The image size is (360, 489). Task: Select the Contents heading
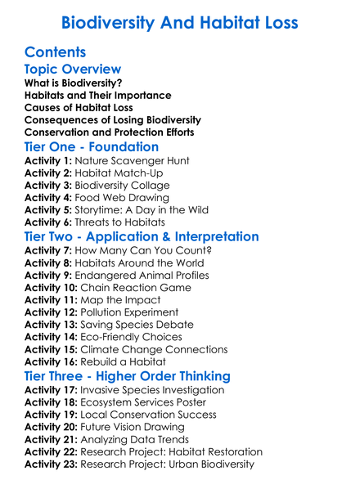(x=56, y=52)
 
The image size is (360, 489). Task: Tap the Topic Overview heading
(x=73, y=70)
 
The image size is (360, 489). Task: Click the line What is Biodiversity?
(x=74, y=83)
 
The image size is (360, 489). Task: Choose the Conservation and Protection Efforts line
(x=110, y=132)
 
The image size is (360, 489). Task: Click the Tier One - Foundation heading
(x=92, y=147)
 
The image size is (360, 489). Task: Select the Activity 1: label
(x=49, y=161)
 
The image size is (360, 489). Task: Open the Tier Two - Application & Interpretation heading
(x=142, y=238)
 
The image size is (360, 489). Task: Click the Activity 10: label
(x=52, y=288)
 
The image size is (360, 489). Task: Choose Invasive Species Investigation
(x=161, y=391)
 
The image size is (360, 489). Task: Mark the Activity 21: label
(x=52, y=440)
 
